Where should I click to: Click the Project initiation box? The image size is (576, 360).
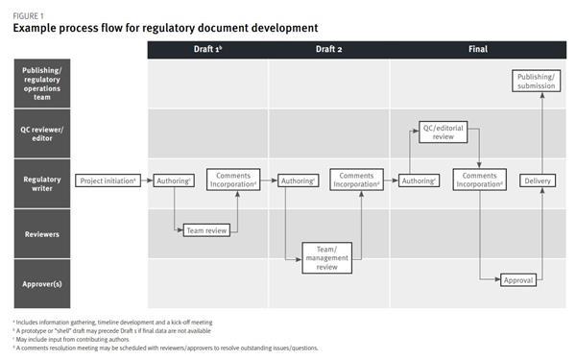[x=108, y=180]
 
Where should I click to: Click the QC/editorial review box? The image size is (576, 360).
[x=444, y=132]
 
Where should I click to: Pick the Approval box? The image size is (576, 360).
[x=517, y=280]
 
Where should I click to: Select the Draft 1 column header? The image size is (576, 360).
[x=207, y=48]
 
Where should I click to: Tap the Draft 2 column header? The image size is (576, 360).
[x=328, y=48]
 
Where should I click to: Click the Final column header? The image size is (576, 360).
[x=477, y=48]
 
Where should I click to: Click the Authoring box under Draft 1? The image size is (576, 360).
[x=175, y=180]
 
